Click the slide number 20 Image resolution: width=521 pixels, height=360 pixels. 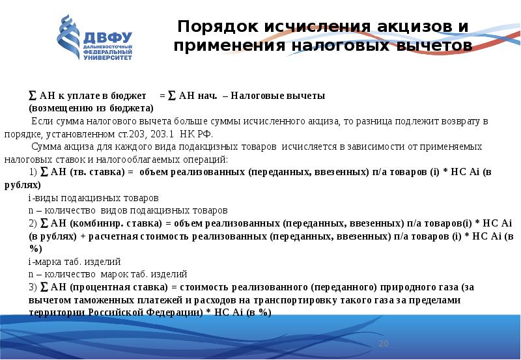coord(383,343)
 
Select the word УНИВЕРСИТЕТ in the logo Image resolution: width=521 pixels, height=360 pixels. coord(107,58)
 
